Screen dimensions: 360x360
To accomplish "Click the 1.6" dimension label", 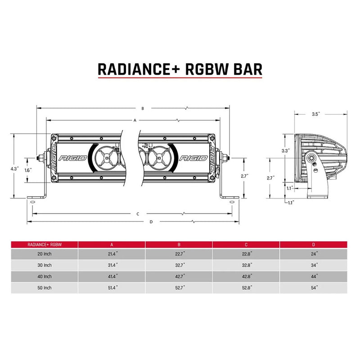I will click(x=28, y=170).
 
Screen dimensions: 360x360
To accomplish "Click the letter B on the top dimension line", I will click(x=142, y=108).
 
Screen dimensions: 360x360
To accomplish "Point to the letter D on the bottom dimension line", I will click(x=151, y=222).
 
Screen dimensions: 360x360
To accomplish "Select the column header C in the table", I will click(x=246, y=244).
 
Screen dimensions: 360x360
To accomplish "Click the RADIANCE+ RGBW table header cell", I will click(x=45, y=244).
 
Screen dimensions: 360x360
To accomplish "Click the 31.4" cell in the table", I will click(x=112, y=265).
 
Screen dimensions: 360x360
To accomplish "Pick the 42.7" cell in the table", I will click(x=179, y=276).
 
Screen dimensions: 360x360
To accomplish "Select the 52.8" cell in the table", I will click(x=246, y=287).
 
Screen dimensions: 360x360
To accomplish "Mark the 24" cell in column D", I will click(x=314, y=254).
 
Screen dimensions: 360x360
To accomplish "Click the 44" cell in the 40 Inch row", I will click(x=314, y=276).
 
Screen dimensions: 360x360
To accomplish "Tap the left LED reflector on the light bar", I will click(x=107, y=158).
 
